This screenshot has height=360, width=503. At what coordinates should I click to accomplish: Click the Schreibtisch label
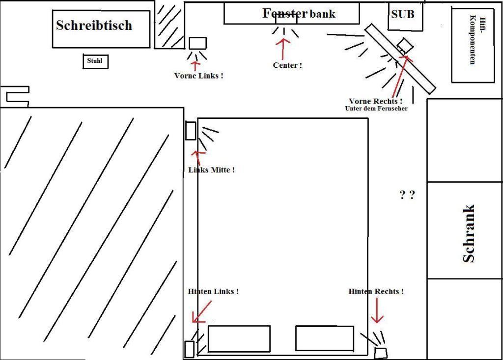click(94, 26)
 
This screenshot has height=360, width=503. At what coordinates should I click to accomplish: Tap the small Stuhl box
click(95, 61)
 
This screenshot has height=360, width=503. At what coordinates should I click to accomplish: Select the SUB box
click(403, 15)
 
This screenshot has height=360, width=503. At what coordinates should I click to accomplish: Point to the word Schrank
click(469, 234)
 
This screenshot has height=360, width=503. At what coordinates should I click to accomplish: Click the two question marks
click(407, 195)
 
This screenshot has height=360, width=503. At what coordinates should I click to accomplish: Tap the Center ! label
click(287, 65)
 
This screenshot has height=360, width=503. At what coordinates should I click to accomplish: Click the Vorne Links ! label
click(199, 76)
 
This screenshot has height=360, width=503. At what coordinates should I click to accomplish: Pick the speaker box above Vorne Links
click(197, 43)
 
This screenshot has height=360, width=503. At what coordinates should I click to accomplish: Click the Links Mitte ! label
click(211, 170)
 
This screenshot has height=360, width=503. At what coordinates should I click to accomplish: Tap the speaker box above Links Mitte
click(191, 131)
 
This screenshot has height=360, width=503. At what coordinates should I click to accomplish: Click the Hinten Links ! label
click(213, 291)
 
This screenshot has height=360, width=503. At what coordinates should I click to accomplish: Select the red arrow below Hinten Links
click(201, 312)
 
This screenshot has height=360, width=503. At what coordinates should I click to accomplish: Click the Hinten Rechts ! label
click(376, 291)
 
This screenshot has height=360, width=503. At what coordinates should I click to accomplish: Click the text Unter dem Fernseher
click(376, 109)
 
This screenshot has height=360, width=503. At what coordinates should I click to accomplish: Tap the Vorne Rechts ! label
click(376, 101)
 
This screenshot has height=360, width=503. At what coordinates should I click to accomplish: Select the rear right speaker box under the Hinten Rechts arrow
click(381, 353)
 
